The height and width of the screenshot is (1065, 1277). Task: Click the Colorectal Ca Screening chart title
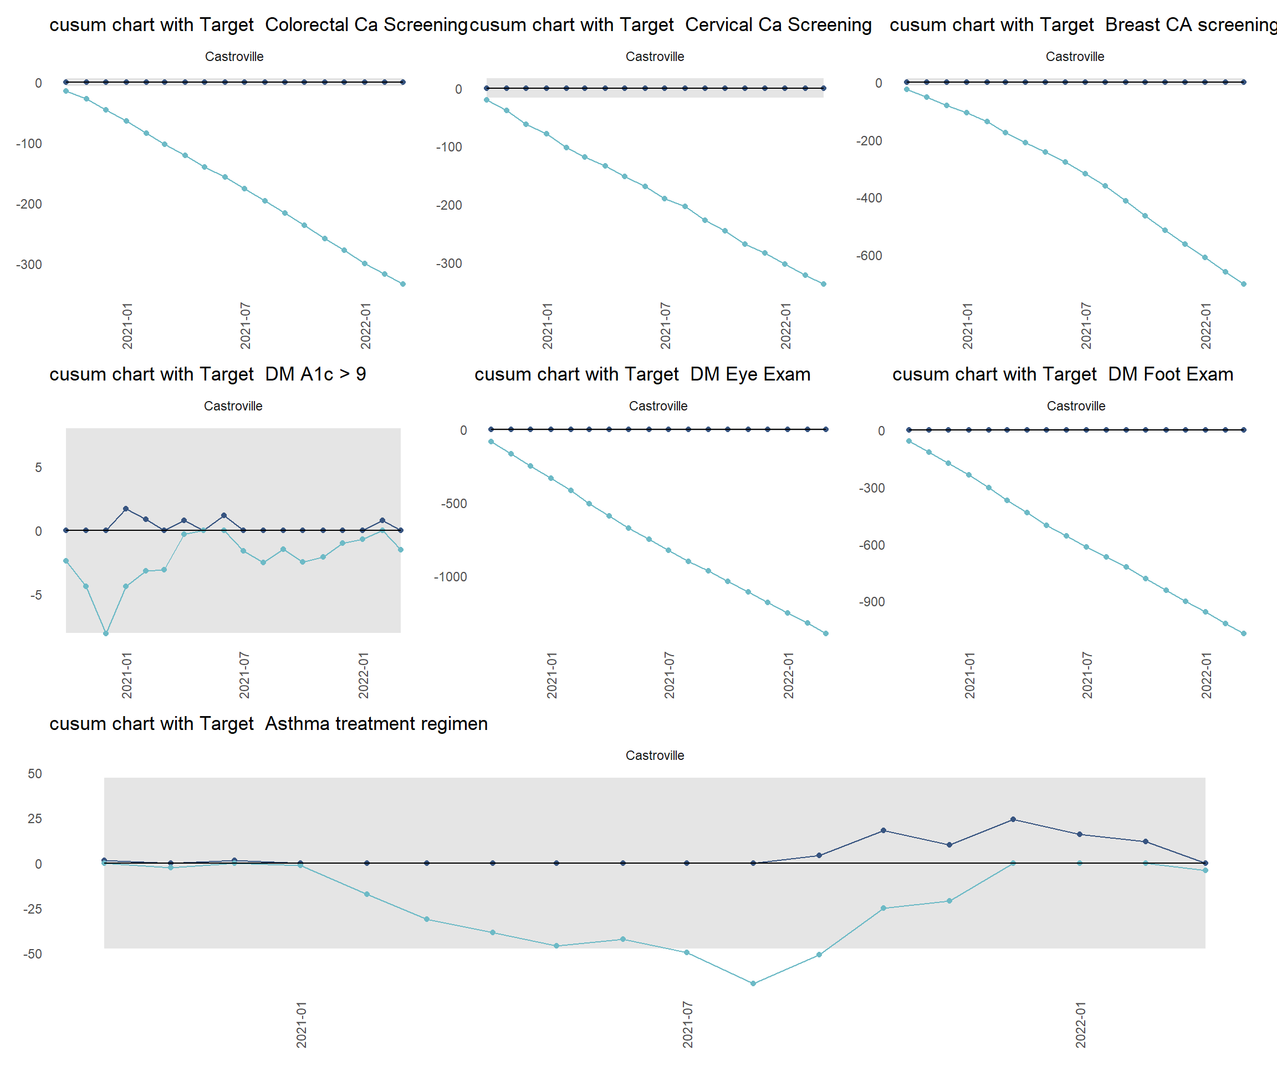pos(258,25)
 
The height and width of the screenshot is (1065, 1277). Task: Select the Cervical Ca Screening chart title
pos(670,25)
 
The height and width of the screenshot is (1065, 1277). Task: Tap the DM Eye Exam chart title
pos(642,374)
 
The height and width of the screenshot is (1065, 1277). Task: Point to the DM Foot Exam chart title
pos(1063,374)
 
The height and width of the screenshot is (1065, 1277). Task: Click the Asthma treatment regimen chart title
pos(268,724)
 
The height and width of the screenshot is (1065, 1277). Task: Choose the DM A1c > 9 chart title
pos(207,374)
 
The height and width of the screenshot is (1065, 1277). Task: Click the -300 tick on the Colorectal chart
pos(29,265)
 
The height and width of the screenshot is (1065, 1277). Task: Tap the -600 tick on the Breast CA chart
pos(869,256)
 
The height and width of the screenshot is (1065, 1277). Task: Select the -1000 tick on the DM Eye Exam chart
pos(450,577)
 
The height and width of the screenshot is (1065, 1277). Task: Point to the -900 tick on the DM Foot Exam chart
pos(871,602)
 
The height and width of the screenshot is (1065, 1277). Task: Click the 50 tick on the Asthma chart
pos(35,773)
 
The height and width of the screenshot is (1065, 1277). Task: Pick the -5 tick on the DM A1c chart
pos(36,595)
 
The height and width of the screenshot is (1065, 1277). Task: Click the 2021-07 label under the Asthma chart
pos(688,1025)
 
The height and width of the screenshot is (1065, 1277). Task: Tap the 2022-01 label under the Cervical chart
pos(786,326)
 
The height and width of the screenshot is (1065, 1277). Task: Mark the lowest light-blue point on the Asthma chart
pos(753,983)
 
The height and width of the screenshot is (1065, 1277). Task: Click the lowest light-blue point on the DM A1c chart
pos(106,633)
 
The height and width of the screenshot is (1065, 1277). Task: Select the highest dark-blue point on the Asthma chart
pos(1013,820)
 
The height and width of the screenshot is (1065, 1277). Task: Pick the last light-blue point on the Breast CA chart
pos(1244,284)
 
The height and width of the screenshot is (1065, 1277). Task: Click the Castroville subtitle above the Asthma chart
pos(655,755)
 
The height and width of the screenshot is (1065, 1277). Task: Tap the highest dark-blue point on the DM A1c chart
pos(126,509)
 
